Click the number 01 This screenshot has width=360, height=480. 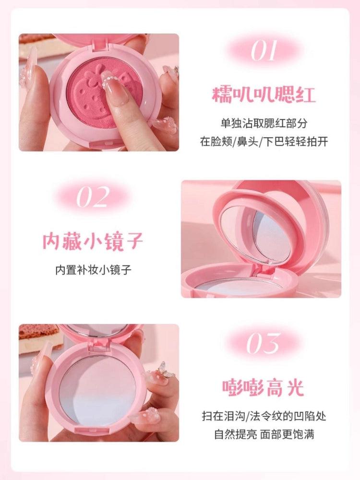coord(264,50)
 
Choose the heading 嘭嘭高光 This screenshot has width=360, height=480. coord(264,387)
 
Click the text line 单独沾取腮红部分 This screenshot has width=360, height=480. coord(264,123)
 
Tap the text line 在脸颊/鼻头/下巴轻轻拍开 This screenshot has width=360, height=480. coord(264,143)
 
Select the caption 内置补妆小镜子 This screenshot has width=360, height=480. coord(93,269)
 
